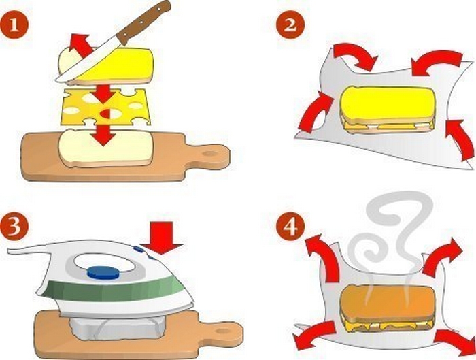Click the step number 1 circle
(14, 25)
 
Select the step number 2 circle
(290, 25)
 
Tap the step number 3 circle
(14, 226)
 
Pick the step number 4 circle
(290, 226)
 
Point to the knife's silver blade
(88, 61)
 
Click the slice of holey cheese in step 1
(105, 106)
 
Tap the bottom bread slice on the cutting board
(105, 148)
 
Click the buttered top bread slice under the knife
(106, 66)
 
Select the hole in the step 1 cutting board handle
(209, 154)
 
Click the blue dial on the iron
(103, 272)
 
